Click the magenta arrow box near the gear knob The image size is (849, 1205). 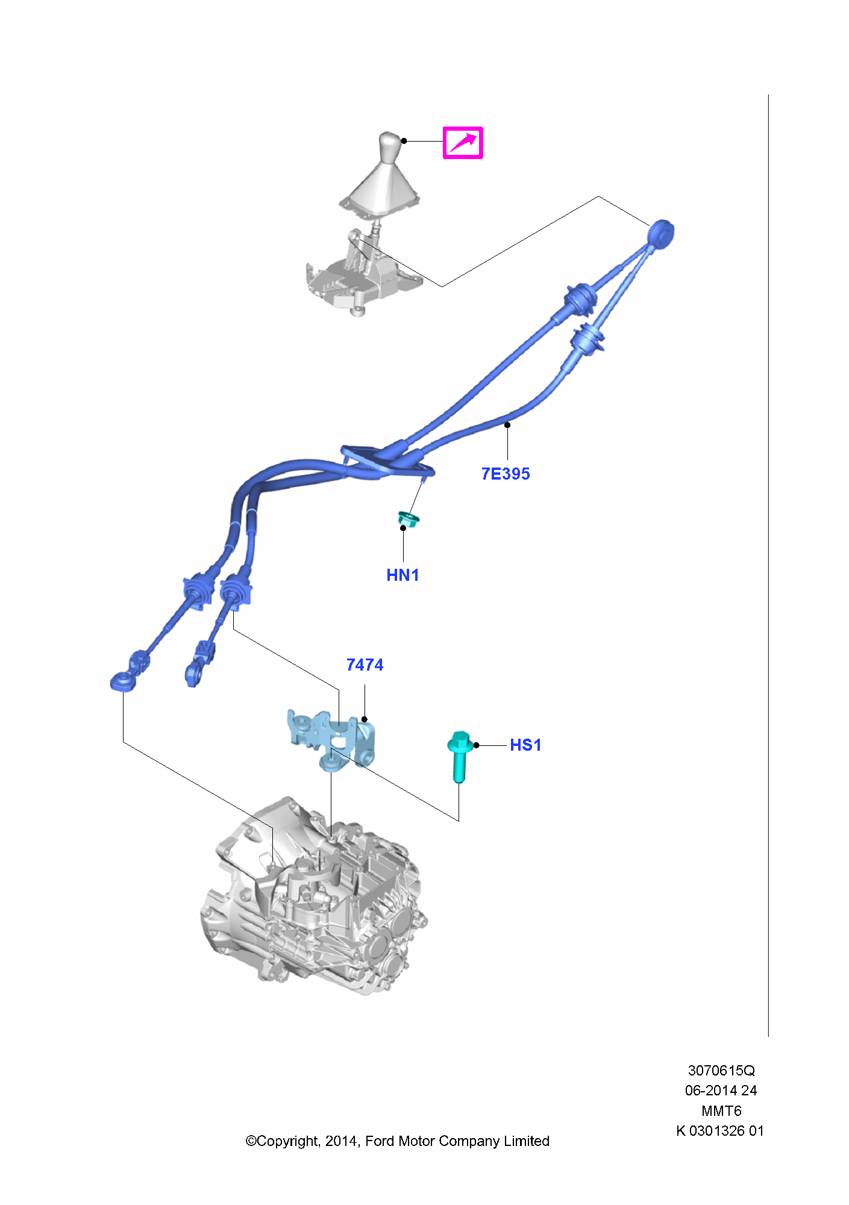tap(463, 143)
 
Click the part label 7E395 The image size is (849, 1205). tap(506, 474)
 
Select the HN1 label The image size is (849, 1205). tap(403, 575)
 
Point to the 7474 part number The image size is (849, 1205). tap(365, 665)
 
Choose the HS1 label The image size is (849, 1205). tap(525, 745)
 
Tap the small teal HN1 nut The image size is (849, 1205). tap(408, 519)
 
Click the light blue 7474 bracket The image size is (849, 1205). tap(331, 737)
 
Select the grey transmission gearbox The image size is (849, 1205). tap(313, 898)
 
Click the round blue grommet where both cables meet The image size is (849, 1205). tap(661, 233)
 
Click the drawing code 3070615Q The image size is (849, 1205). tap(721, 1071)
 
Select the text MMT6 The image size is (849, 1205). tap(721, 1110)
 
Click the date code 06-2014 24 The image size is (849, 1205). tap(721, 1091)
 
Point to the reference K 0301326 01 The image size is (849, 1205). tap(720, 1131)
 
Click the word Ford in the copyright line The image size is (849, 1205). tap(380, 1141)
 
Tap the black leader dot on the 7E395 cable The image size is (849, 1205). tap(507, 425)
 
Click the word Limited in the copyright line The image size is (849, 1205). tap(527, 1141)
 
